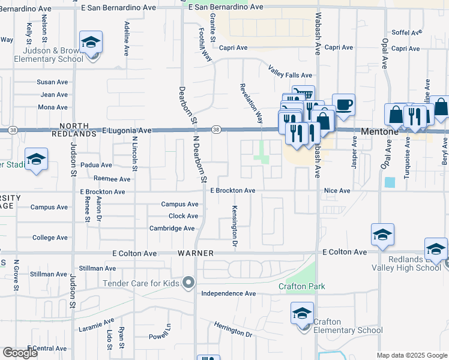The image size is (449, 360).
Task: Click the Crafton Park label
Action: click(x=301, y=286)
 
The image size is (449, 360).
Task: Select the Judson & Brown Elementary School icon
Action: click(x=91, y=43)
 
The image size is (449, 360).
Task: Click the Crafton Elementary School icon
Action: click(x=302, y=314)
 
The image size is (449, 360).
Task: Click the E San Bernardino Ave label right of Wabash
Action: click(x=226, y=7)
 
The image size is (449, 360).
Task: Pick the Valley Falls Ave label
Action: click(x=291, y=76)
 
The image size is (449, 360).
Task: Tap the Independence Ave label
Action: click(x=228, y=293)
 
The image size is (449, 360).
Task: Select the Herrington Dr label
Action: click(x=233, y=329)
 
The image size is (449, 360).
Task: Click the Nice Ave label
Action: click(x=336, y=191)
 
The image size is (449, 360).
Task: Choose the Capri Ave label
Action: click(x=233, y=48)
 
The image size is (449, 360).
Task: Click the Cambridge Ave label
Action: click(x=172, y=229)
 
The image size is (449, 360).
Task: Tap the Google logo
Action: click(x=20, y=353)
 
